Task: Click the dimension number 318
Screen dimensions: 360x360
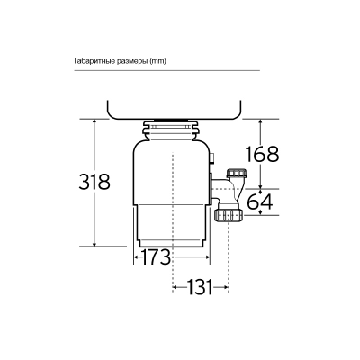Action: coord(94,182)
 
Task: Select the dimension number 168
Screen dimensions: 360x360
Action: coord(261,154)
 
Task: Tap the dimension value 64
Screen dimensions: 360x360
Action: coord(259,202)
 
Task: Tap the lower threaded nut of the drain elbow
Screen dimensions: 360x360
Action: coord(228,215)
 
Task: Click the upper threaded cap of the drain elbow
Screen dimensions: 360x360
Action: coord(237,174)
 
